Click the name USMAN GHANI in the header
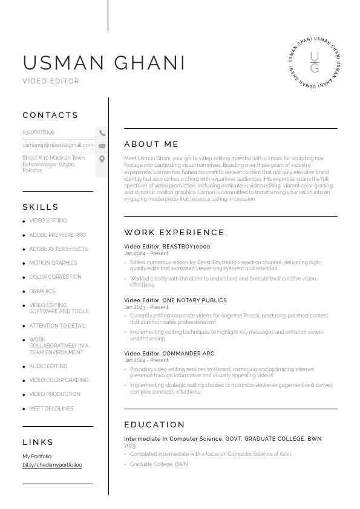tap(104, 63)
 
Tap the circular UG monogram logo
tap(314, 62)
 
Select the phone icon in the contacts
tap(102, 133)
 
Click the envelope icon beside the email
tap(102, 146)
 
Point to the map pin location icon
tap(102, 159)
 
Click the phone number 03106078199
tap(39, 132)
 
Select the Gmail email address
tap(58, 145)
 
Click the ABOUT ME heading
tap(151, 144)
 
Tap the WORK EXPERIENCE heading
tap(174, 232)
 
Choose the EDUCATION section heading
tap(155, 424)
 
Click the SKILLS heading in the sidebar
tap(41, 207)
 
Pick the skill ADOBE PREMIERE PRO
tap(57, 235)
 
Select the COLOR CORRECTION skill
tap(55, 277)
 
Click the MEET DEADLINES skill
tap(51, 409)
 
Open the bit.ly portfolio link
tap(52, 465)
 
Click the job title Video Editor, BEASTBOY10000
tap(167, 247)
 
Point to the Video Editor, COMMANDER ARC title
tap(169, 354)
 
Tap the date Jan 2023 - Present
tap(146, 307)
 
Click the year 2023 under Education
tap(130, 446)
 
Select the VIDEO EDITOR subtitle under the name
tap(51, 81)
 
